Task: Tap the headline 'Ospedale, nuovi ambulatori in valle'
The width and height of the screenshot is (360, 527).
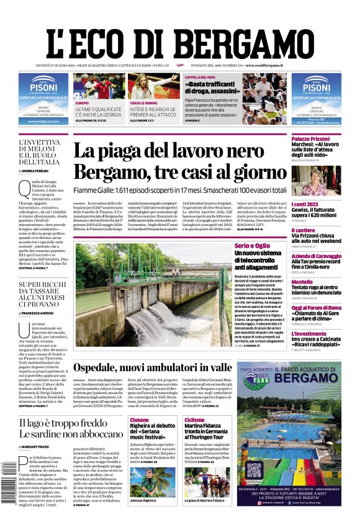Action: (x=152, y=367)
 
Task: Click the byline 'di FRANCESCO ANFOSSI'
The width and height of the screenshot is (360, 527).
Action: (x=42, y=314)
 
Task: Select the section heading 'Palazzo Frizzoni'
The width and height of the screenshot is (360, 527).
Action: (x=311, y=137)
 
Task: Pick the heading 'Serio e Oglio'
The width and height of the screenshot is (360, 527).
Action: (x=252, y=246)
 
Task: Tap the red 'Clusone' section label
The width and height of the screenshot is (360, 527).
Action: (x=139, y=420)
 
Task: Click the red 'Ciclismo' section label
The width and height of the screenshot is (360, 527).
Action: (x=194, y=420)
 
